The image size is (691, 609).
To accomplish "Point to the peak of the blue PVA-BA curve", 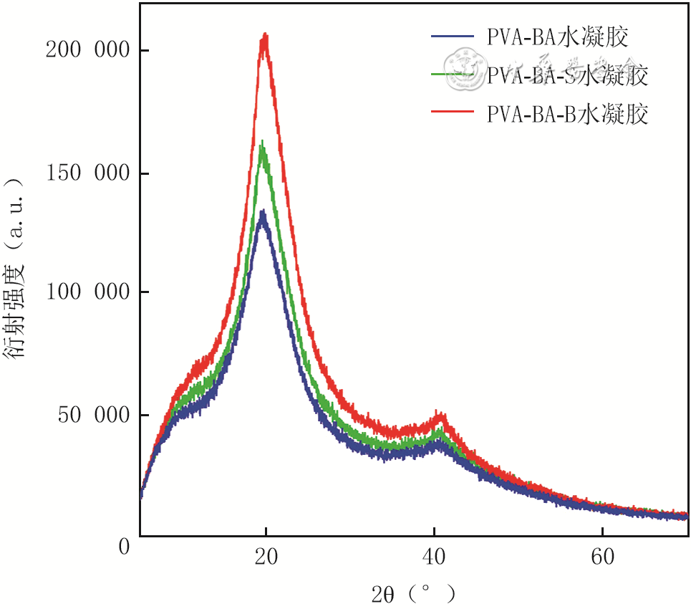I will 263,213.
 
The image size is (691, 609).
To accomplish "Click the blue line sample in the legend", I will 453,35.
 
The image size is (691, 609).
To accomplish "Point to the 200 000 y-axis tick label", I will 86,50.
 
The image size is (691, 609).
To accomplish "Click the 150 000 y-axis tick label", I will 86,173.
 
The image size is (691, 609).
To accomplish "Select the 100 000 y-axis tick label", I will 86,292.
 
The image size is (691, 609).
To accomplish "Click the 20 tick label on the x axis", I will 266,557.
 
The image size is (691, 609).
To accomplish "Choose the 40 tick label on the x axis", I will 434,557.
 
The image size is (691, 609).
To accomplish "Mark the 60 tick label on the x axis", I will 602,557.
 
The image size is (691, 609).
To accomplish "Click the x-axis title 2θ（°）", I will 414,593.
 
